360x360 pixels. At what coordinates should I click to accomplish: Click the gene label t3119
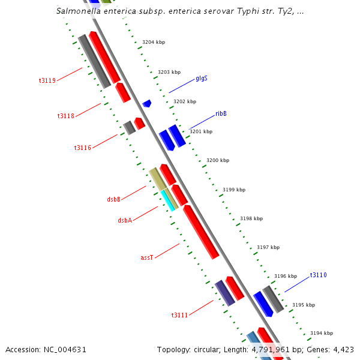47,80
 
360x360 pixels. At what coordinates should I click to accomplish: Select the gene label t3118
65,116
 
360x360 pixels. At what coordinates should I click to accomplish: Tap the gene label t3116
82,148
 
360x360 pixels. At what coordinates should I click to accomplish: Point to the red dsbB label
113,199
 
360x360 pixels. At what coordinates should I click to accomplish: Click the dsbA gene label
125,220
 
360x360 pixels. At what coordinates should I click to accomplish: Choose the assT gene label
147,257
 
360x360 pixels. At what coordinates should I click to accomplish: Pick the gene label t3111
179,315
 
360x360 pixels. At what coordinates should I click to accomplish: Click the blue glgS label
202,79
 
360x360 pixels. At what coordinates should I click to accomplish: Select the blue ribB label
221,113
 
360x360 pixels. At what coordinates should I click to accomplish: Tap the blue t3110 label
318,275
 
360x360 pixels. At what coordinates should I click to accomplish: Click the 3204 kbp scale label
153,42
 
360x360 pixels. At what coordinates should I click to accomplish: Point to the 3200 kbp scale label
217,161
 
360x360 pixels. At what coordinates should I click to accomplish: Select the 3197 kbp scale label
268,247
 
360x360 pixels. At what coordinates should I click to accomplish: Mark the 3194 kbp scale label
321,333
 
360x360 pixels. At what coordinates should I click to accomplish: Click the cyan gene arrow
167,200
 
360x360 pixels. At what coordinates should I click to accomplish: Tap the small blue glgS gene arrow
146,104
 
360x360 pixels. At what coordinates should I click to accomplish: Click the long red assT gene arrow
201,232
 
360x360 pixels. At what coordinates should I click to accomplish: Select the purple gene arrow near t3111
224,293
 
